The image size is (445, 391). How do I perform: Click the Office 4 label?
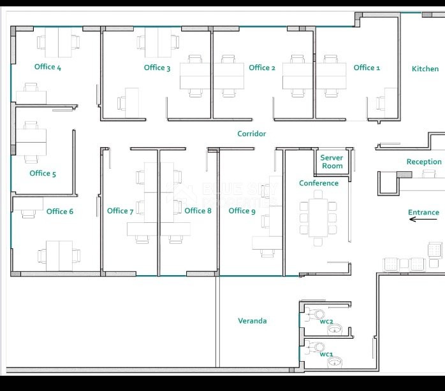(x=48, y=67)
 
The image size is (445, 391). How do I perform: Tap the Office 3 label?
(x=157, y=68)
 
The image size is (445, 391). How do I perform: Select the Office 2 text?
(x=262, y=68)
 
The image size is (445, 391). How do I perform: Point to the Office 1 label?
(x=367, y=68)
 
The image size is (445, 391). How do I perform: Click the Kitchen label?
(x=425, y=69)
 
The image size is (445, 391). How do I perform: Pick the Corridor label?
(x=251, y=134)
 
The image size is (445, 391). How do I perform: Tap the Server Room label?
(x=332, y=162)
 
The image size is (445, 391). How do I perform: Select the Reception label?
(x=424, y=162)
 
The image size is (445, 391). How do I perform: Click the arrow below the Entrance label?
(x=423, y=220)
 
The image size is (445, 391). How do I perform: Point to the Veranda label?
(x=252, y=321)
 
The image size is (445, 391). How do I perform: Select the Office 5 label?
(x=43, y=173)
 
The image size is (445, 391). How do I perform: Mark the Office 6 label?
(x=60, y=211)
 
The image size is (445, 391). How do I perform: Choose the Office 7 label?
(x=120, y=211)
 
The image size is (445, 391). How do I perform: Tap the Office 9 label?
(x=242, y=211)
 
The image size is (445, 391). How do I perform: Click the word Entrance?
(x=423, y=213)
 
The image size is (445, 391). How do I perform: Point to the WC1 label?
(x=326, y=354)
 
